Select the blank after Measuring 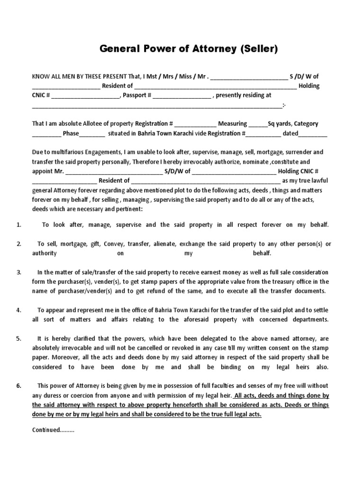[x=258, y=124]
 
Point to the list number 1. [x=19, y=224]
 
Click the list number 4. [x=19, y=310]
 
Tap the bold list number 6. [x=19, y=385]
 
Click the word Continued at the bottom [x=45, y=430]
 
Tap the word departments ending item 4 [x=305, y=319]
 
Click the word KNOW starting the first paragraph [x=41, y=76]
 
